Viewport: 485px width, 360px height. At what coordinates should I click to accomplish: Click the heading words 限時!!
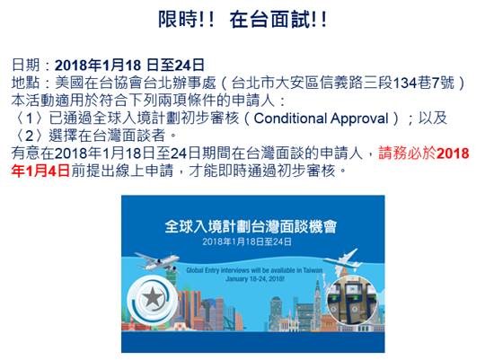(186, 19)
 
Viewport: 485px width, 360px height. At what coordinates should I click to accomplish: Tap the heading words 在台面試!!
(278, 19)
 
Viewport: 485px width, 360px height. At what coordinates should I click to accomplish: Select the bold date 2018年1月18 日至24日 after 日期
(129, 66)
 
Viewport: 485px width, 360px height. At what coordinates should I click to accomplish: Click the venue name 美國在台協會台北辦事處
(135, 83)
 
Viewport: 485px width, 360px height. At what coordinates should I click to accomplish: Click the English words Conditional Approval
(321, 119)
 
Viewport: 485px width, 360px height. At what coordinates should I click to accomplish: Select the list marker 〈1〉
(30, 119)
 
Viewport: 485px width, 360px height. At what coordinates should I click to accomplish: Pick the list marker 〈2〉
(30, 136)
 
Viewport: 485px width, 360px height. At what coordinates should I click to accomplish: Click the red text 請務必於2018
(424, 154)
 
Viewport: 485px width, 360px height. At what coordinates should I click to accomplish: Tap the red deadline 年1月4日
(40, 171)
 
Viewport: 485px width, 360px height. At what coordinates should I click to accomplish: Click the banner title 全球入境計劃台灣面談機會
(251, 227)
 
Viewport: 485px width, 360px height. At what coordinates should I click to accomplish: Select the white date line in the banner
(247, 241)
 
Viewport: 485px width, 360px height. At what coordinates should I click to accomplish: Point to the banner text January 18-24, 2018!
(255, 278)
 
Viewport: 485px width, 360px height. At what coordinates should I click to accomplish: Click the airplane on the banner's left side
(157, 261)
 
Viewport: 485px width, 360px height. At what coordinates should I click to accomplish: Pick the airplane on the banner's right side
(343, 259)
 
